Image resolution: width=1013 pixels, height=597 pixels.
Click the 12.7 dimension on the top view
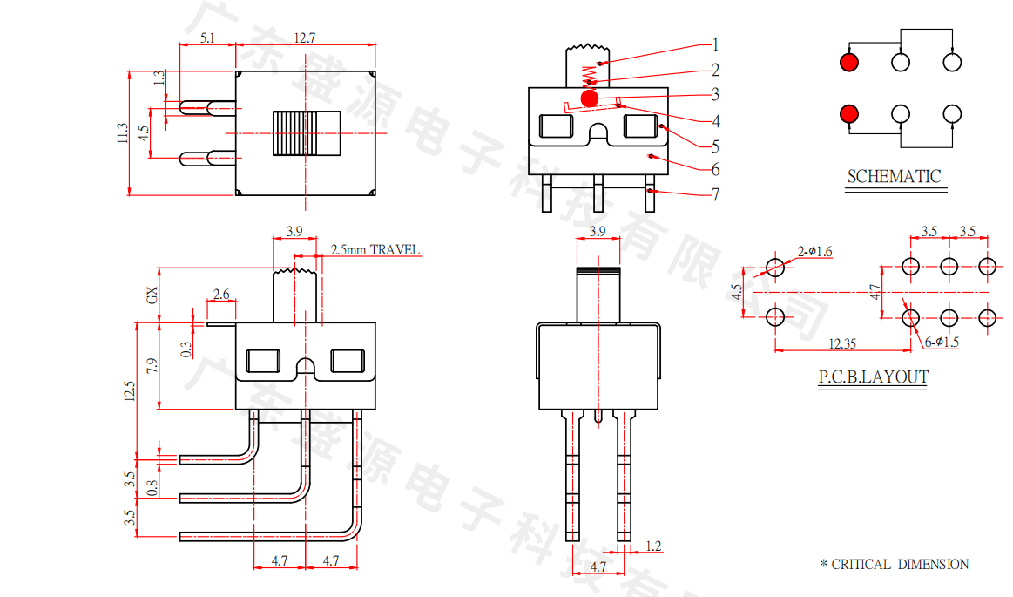304,37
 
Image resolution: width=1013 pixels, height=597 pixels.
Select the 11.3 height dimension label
122,132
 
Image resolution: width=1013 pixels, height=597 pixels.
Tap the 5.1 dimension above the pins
207,37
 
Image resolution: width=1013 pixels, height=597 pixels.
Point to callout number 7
715,194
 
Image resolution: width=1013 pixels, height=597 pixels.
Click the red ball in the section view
590,98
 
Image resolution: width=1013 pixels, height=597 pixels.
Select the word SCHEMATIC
894,176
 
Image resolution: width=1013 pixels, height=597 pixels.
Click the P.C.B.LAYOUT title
872,377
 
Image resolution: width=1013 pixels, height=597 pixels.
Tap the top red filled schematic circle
849,62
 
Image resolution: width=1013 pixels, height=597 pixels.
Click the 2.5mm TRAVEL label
375,250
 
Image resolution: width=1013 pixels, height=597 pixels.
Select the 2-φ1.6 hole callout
815,252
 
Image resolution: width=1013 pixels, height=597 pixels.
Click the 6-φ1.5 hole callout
941,342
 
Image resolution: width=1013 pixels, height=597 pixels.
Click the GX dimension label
152,295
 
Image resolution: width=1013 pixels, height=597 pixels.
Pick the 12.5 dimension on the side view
130,390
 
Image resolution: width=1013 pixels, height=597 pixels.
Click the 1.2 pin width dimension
653,546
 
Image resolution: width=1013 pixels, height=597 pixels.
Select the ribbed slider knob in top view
305,132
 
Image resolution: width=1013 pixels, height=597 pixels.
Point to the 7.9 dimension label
153,365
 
